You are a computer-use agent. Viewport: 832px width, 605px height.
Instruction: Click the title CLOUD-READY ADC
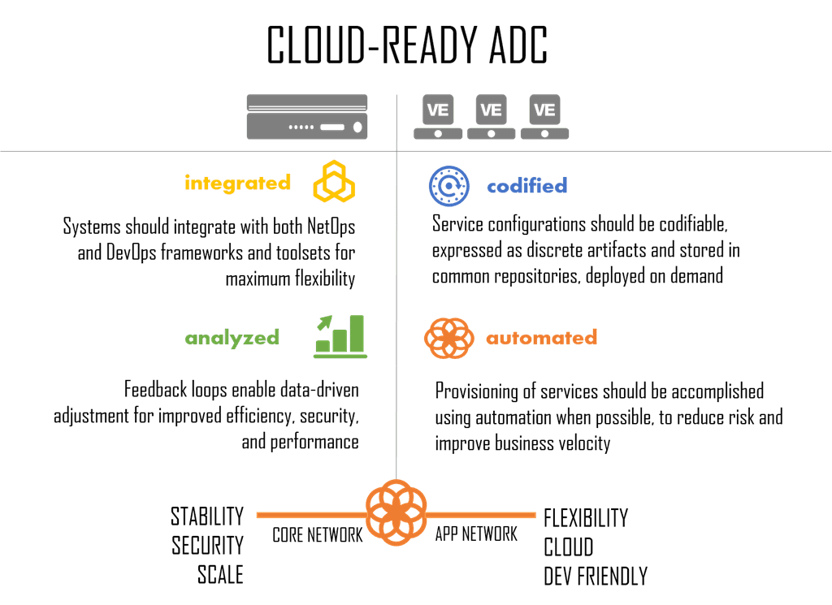[x=407, y=47]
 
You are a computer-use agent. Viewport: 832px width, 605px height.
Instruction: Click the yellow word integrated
[x=237, y=183]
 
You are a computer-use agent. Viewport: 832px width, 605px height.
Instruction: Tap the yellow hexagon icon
[x=334, y=181]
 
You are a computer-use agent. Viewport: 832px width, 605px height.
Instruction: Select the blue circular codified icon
[x=448, y=184]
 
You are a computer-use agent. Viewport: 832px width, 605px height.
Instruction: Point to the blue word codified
[x=526, y=186]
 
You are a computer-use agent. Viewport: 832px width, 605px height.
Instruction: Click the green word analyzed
[x=232, y=338]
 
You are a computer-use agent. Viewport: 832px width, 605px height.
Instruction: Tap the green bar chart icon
[x=340, y=336]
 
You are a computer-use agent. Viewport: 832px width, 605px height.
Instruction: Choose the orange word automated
[x=541, y=337]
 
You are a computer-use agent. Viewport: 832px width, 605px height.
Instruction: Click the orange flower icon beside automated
[x=448, y=337]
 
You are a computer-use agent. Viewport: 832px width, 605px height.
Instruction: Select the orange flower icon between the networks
[x=396, y=512]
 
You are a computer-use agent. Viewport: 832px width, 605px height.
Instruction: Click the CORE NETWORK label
[x=317, y=534]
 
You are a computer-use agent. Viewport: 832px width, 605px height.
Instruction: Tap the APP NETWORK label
[x=476, y=534]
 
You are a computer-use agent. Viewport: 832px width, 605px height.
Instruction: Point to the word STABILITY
[x=206, y=516]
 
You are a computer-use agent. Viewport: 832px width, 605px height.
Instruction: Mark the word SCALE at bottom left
[x=220, y=574]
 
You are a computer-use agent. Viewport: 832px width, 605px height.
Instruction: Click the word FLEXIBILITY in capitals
[x=586, y=517]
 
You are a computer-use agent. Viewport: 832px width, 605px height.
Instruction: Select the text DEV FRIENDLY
[x=596, y=576]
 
